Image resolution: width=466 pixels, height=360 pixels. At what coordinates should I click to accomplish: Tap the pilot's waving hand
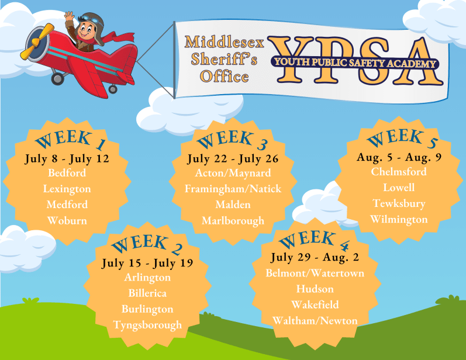point(70,17)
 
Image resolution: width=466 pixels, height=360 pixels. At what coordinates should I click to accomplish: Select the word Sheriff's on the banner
point(225,59)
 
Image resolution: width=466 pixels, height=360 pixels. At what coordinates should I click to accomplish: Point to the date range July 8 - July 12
point(67,158)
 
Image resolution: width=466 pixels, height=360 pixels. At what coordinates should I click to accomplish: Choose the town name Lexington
point(67,189)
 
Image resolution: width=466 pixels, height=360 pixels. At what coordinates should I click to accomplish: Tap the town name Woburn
point(67,220)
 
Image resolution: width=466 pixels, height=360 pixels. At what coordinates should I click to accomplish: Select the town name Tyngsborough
point(147,325)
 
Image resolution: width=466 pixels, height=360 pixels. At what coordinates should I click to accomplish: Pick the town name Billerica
point(147,293)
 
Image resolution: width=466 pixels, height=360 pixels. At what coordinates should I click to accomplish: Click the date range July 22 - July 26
point(233,158)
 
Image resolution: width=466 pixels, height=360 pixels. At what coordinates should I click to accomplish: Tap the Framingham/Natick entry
point(233,189)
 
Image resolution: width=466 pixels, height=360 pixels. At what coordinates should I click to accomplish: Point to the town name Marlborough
point(233,220)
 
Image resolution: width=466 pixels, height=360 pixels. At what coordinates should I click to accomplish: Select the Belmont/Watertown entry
point(315,273)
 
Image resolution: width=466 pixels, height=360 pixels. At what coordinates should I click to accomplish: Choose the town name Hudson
point(315,289)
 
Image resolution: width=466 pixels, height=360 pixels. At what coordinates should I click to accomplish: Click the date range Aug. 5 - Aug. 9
point(400,157)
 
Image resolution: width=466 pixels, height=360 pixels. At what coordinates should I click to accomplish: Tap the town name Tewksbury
point(399,203)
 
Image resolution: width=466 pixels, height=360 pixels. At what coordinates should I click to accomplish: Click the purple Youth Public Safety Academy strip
point(354,63)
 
